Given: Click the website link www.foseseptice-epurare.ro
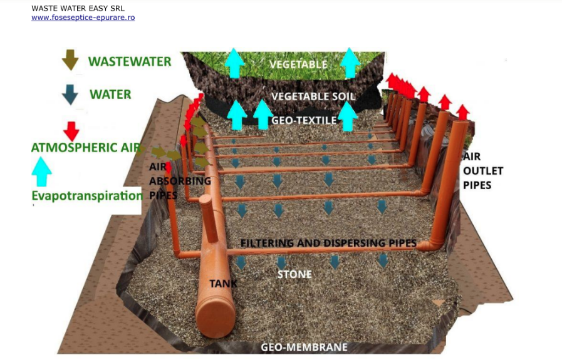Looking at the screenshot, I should click(x=83, y=18).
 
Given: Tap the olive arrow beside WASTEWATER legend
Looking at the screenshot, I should click(x=70, y=60).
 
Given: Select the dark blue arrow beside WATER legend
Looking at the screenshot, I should click(x=70, y=95).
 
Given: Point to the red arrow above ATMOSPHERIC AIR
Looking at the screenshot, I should click(x=71, y=131).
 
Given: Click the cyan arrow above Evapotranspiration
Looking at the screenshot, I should click(x=41, y=171).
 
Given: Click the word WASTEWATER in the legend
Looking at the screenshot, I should click(x=130, y=61).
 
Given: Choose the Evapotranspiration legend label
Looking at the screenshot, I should click(x=87, y=195).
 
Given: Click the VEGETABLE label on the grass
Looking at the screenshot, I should click(x=298, y=64).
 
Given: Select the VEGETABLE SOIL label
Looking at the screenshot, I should click(x=313, y=96).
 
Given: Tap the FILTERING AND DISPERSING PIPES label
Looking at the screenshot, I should click(x=329, y=243).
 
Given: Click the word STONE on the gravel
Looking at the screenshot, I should click(x=294, y=274).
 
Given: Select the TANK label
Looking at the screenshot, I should click(x=223, y=284).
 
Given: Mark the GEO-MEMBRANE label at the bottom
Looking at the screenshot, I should click(x=304, y=347).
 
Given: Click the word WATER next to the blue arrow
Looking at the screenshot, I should click(x=110, y=95).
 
